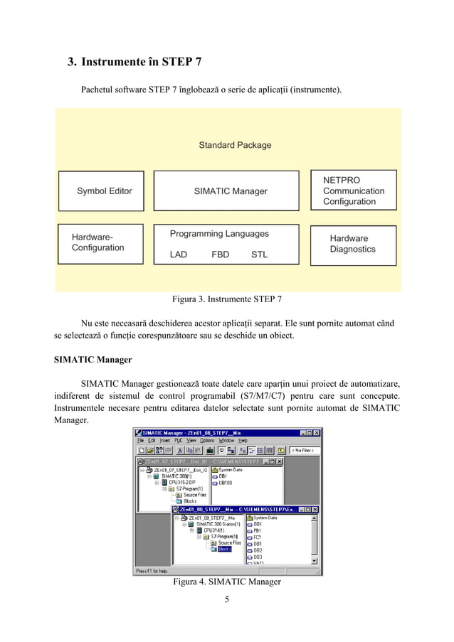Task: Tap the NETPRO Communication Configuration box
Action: (x=353, y=191)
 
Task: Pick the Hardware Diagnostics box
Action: (x=353, y=244)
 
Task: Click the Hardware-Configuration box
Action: (x=100, y=243)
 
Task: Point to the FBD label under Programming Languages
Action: (x=221, y=255)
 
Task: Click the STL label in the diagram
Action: (x=260, y=255)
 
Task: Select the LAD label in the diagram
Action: (x=179, y=255)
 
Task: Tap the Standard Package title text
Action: (x=235, y=145)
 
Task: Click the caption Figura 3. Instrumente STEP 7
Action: (x=227, y=299)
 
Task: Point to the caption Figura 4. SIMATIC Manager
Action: (x=227, y=582)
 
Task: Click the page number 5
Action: (x=227, y=599)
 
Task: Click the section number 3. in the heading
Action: (x=72, y=63)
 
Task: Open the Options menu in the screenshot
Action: (x=207, y=441)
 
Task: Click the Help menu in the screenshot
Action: (x=243, y=441)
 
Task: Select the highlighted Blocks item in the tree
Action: (x=224, y=549)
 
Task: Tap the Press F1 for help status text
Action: (x=152, y=571)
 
